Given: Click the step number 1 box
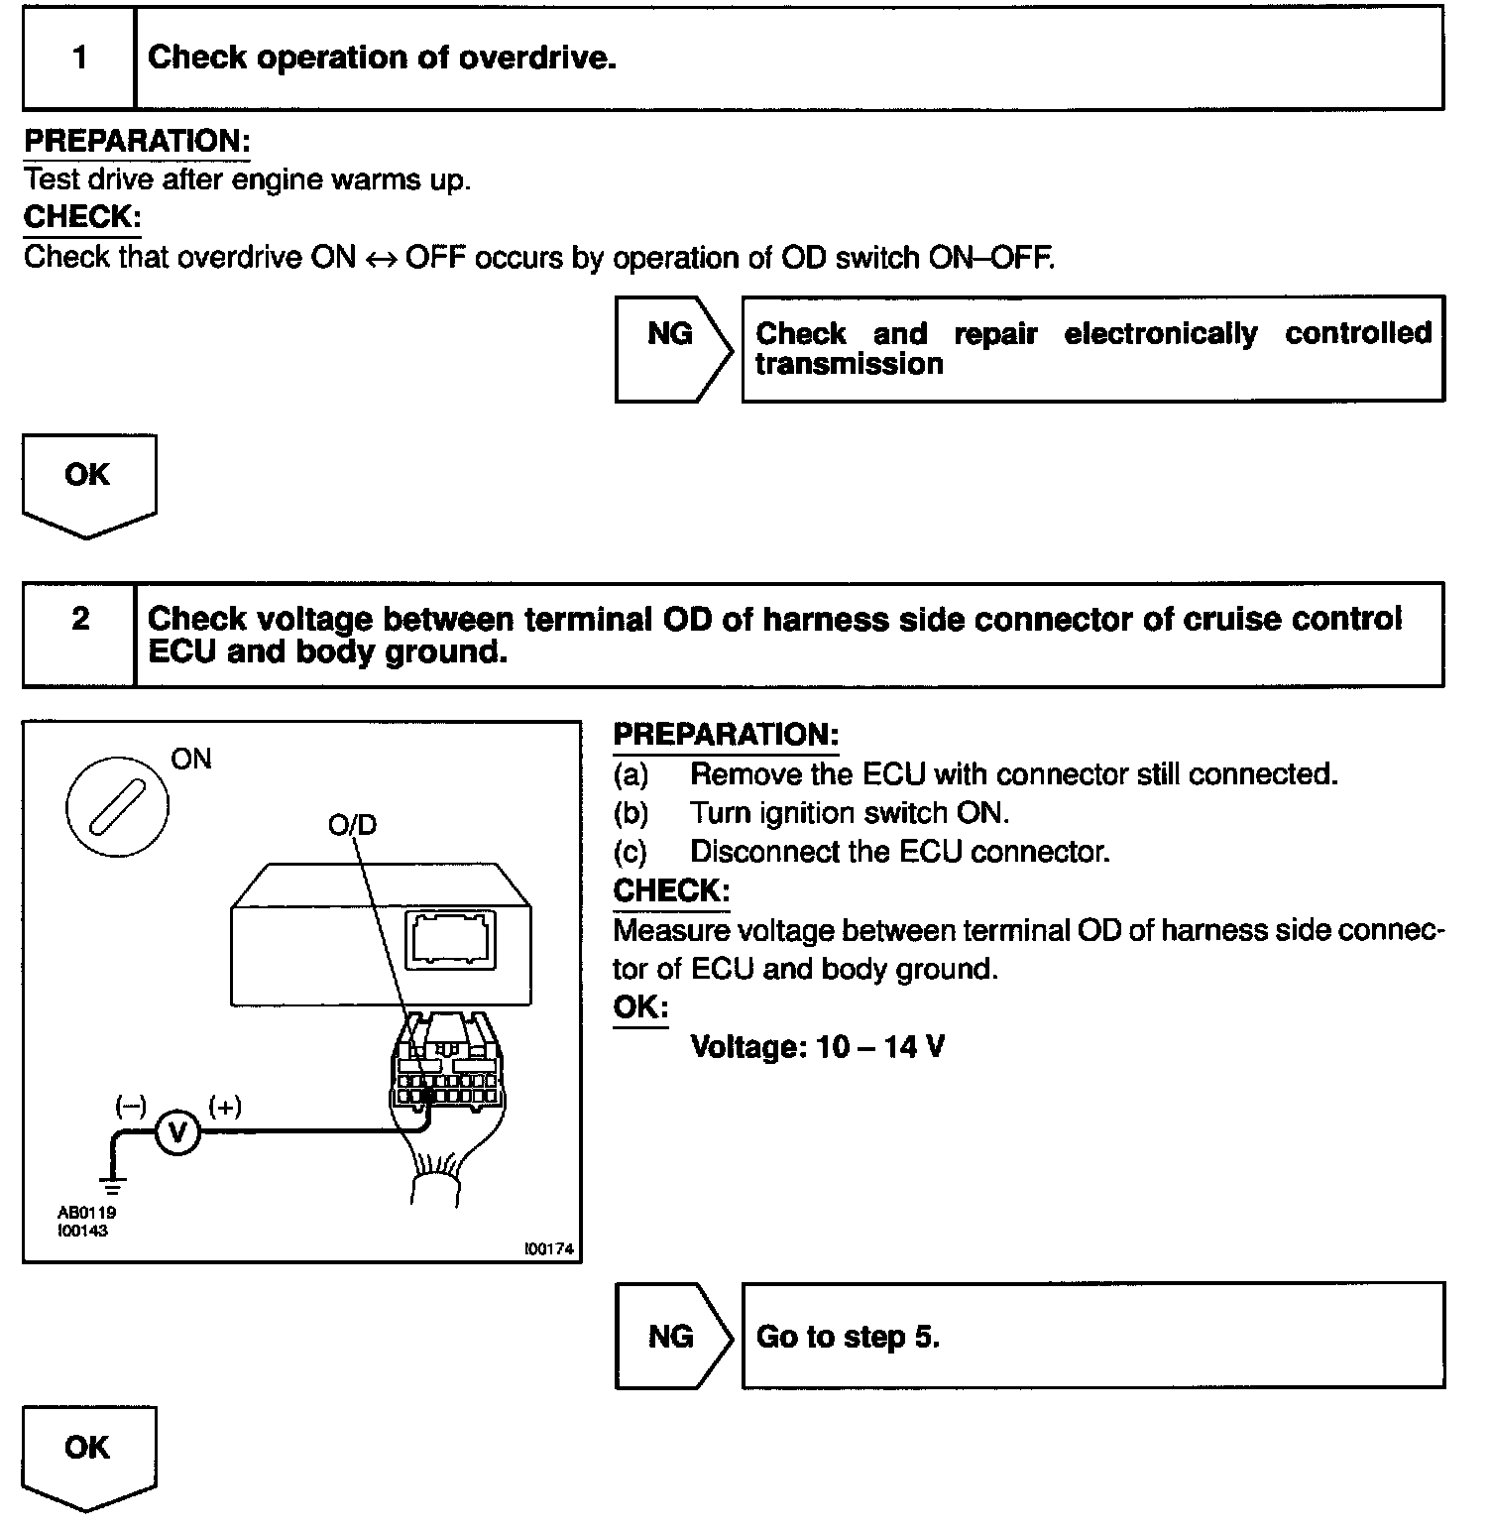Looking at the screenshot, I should [79, 58].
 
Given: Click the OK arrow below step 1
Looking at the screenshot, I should [88, 482].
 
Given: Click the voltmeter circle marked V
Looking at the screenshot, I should [178, 1132].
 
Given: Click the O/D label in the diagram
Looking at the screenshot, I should [353, 825].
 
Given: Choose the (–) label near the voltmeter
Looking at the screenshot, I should [131, 1106].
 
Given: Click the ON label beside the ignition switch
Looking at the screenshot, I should [191, 760].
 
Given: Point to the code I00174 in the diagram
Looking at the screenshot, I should [549, 1249].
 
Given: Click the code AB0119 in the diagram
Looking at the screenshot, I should [87, 1213].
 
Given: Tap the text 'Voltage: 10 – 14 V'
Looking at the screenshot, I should [817, 1047].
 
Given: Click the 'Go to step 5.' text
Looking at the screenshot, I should [848, 1337].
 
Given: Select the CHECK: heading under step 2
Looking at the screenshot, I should [671, 890].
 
